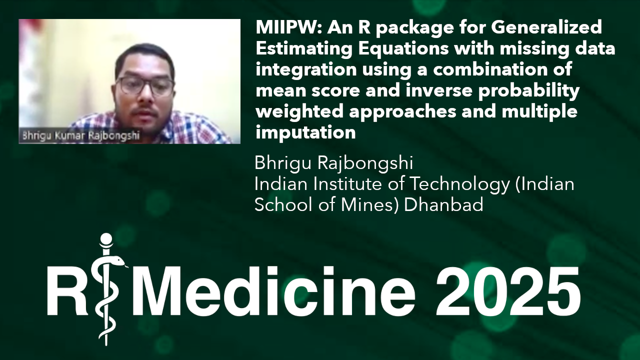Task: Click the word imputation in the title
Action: pyautogui.click(x=305, y=133)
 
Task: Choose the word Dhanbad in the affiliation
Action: pyautogui.click(x=443, y=205)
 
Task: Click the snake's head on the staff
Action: pyautogui.click(x=118, y=261)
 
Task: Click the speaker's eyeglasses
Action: pyautogui.click(x=144, y=85)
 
